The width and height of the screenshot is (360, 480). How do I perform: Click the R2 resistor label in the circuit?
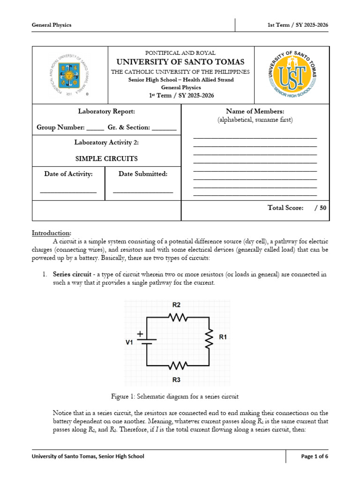point(176,305)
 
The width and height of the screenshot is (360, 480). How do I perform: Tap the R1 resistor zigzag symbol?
point(209,337)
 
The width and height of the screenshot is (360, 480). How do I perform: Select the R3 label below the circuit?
point(176,380)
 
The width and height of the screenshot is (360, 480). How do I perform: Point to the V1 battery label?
point(129,342)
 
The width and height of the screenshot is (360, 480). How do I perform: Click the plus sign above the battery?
point(140,334)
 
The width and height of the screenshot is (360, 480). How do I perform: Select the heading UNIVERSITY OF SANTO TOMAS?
point(180,62)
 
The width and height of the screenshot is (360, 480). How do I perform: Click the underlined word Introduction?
point(52,233)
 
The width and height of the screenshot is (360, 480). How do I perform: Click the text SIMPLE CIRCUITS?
point(106,158)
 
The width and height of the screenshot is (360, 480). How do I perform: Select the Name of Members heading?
point(255,111)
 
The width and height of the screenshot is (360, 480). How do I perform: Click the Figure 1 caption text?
point(175,397)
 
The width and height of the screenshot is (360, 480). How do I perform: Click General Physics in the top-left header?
point(52,25)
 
